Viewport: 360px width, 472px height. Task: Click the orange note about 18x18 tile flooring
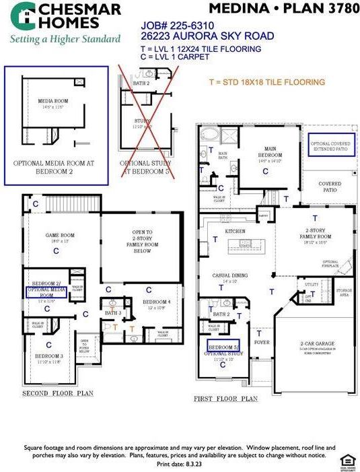tap(267, 82)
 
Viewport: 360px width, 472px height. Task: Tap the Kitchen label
tap(235, 231)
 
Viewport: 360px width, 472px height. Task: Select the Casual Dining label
tap(230, 277)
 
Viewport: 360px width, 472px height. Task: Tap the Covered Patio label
tap(329, 184)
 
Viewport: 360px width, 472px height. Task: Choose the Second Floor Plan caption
tap(58, 393)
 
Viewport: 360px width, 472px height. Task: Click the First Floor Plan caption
tap(225, 399)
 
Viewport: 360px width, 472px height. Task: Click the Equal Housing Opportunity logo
tap(347, 460)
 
